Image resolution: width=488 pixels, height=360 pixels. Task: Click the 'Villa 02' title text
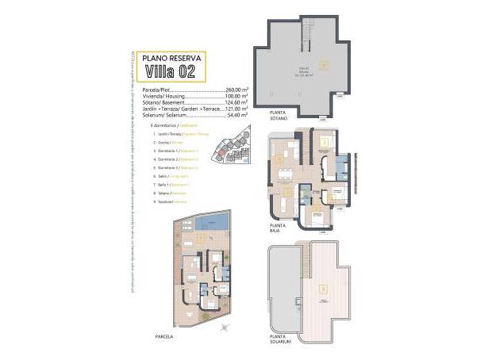[170, 71]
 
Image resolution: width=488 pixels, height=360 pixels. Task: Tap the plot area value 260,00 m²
[236, 90]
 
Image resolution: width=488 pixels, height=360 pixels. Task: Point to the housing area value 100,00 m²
[236, 96]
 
